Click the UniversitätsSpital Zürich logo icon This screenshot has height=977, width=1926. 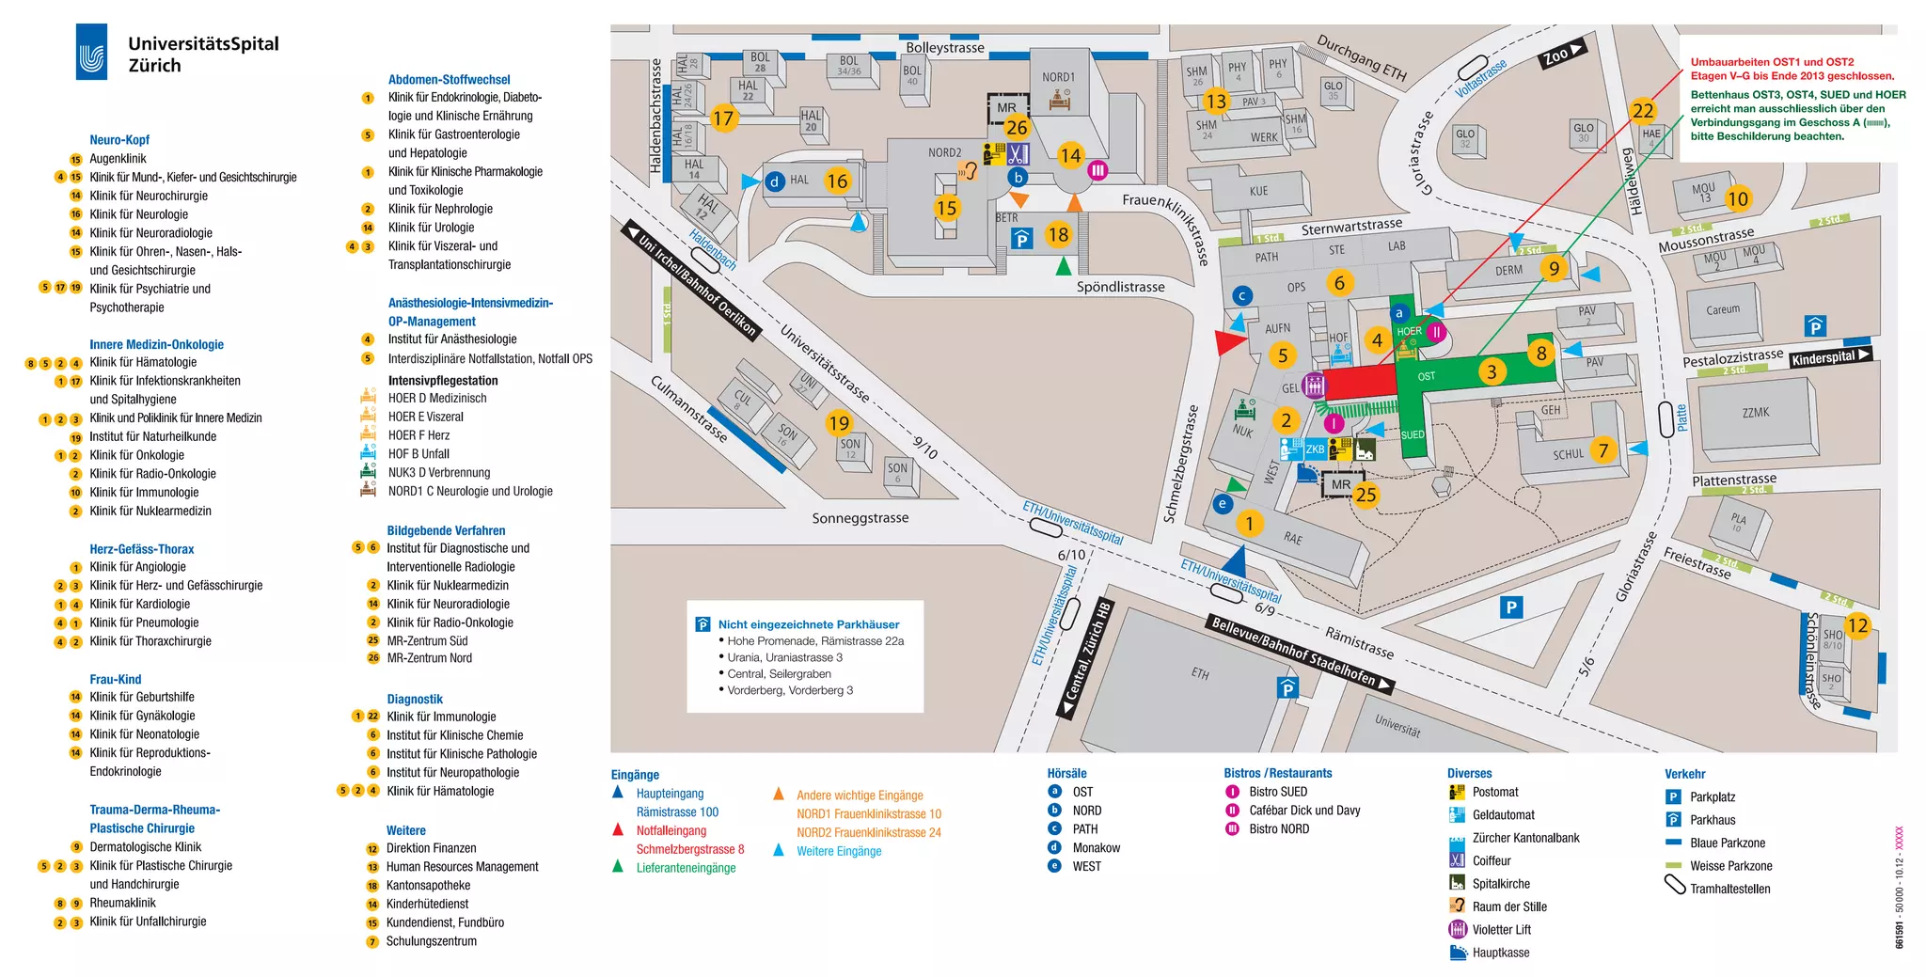91,53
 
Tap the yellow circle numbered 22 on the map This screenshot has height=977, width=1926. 1643,111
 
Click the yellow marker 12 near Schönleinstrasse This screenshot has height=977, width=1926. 1857,625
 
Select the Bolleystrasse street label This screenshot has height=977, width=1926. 944,48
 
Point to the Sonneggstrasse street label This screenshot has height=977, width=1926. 860,518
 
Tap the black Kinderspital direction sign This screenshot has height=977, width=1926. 1829,357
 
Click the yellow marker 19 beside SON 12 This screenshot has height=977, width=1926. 839,423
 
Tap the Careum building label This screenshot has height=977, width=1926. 1723,309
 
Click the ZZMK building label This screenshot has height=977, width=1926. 1755,413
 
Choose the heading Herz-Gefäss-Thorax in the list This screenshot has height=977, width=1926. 142,549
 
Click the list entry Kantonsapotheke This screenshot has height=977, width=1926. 428,886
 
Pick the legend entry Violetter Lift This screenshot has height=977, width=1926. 1501,930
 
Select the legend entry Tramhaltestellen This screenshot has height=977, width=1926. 1729,889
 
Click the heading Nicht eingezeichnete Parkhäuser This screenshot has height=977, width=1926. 808,624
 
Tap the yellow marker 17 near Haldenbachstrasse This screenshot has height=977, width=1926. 722,118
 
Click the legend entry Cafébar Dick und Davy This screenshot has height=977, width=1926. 1303,811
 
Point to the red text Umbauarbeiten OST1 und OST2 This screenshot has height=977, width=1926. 1772,62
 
